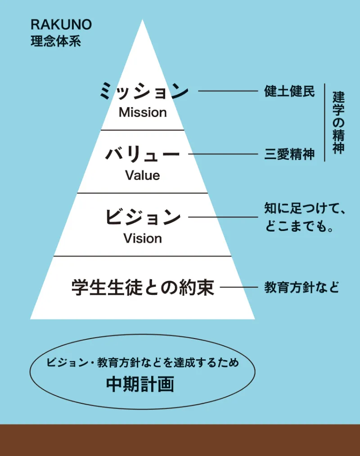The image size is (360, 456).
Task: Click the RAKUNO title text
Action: click(x=61, y=25)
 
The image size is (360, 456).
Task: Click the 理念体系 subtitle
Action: click(x=55, y=42)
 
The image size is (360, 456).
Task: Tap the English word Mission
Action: click(x=143, y=113)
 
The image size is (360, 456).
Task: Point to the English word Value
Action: click(x=143, y=175)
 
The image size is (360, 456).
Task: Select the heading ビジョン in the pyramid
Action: click(x=143, y=217)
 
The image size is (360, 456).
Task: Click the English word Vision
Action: click(x=143, y=238)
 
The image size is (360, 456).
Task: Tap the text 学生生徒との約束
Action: click(x=143, y=287)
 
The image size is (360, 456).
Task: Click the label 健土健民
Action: click(x=289, y=91)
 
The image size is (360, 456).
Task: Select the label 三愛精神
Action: click(x=289, y=154)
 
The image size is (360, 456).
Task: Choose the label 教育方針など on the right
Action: click(x=301, y=288)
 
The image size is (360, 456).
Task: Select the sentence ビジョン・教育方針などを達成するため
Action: click(x=143, y=363)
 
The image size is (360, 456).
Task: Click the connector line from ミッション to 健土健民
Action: click(x=227, y=91)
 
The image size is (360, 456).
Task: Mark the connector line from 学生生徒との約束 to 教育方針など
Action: click(x=238, y=287)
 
